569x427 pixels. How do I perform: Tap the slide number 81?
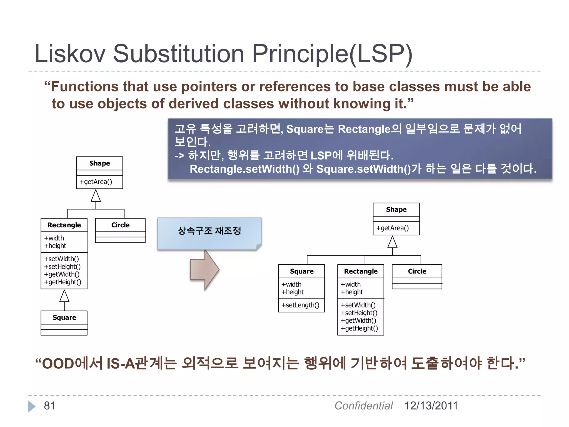49,406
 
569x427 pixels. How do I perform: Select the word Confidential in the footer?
363,406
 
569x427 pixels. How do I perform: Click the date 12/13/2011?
431,406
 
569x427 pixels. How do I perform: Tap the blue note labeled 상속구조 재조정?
209,233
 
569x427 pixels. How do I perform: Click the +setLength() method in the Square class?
300,305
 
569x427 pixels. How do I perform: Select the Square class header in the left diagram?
64,317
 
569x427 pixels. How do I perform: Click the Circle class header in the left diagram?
120,225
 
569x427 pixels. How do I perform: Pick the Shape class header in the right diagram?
396,209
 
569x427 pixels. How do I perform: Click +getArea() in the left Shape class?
96,182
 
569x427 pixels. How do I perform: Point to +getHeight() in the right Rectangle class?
359,328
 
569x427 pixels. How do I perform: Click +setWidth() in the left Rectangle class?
61,259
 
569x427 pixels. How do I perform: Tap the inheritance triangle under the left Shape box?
96,196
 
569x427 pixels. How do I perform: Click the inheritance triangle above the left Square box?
64,296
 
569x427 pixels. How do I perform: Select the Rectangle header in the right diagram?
361,271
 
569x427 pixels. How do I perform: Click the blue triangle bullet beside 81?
32,406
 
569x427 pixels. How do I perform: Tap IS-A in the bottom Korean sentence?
121,363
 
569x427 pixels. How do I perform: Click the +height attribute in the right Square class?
293,292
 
